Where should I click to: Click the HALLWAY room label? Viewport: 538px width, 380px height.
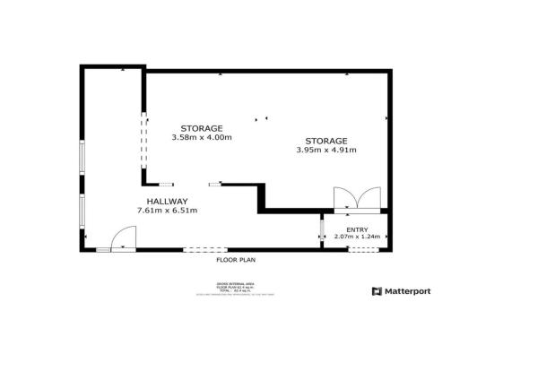[x=167, y=201]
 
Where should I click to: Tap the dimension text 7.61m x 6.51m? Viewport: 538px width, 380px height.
[x=167, y=210]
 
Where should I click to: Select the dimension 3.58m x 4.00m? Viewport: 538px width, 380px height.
[x=202, y=137]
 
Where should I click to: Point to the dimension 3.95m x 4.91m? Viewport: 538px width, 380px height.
[x=326, y=151]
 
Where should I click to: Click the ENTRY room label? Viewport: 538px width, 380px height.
[x=357, y=229]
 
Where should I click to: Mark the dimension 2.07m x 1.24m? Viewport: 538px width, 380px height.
[x=357, y=237]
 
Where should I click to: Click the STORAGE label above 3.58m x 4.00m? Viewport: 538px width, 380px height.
[x=202, y=128]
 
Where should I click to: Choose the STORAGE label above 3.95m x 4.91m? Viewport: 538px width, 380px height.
[x=326, y=142]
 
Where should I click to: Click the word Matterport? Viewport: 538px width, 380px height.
[x=408, y=291]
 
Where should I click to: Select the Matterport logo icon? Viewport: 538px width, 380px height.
[x=377, y=291]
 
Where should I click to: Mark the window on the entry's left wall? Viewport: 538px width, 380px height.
[x=322, y=230]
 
